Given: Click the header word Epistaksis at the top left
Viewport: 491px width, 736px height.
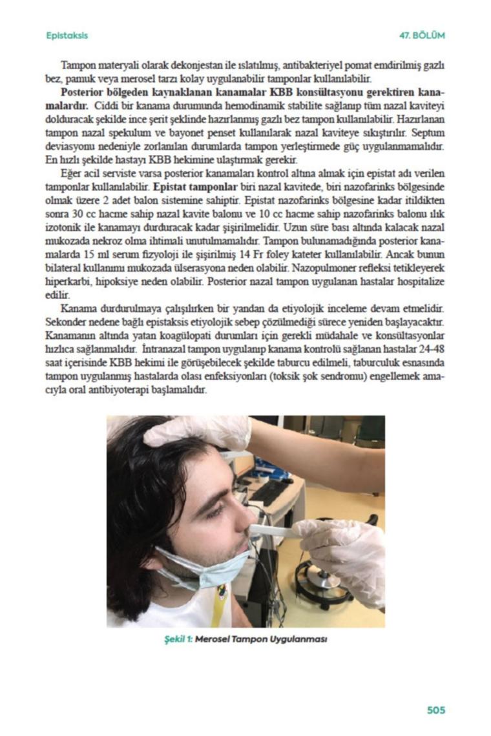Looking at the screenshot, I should point(67,35).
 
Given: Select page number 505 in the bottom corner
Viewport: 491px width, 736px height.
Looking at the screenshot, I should point(436,710).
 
